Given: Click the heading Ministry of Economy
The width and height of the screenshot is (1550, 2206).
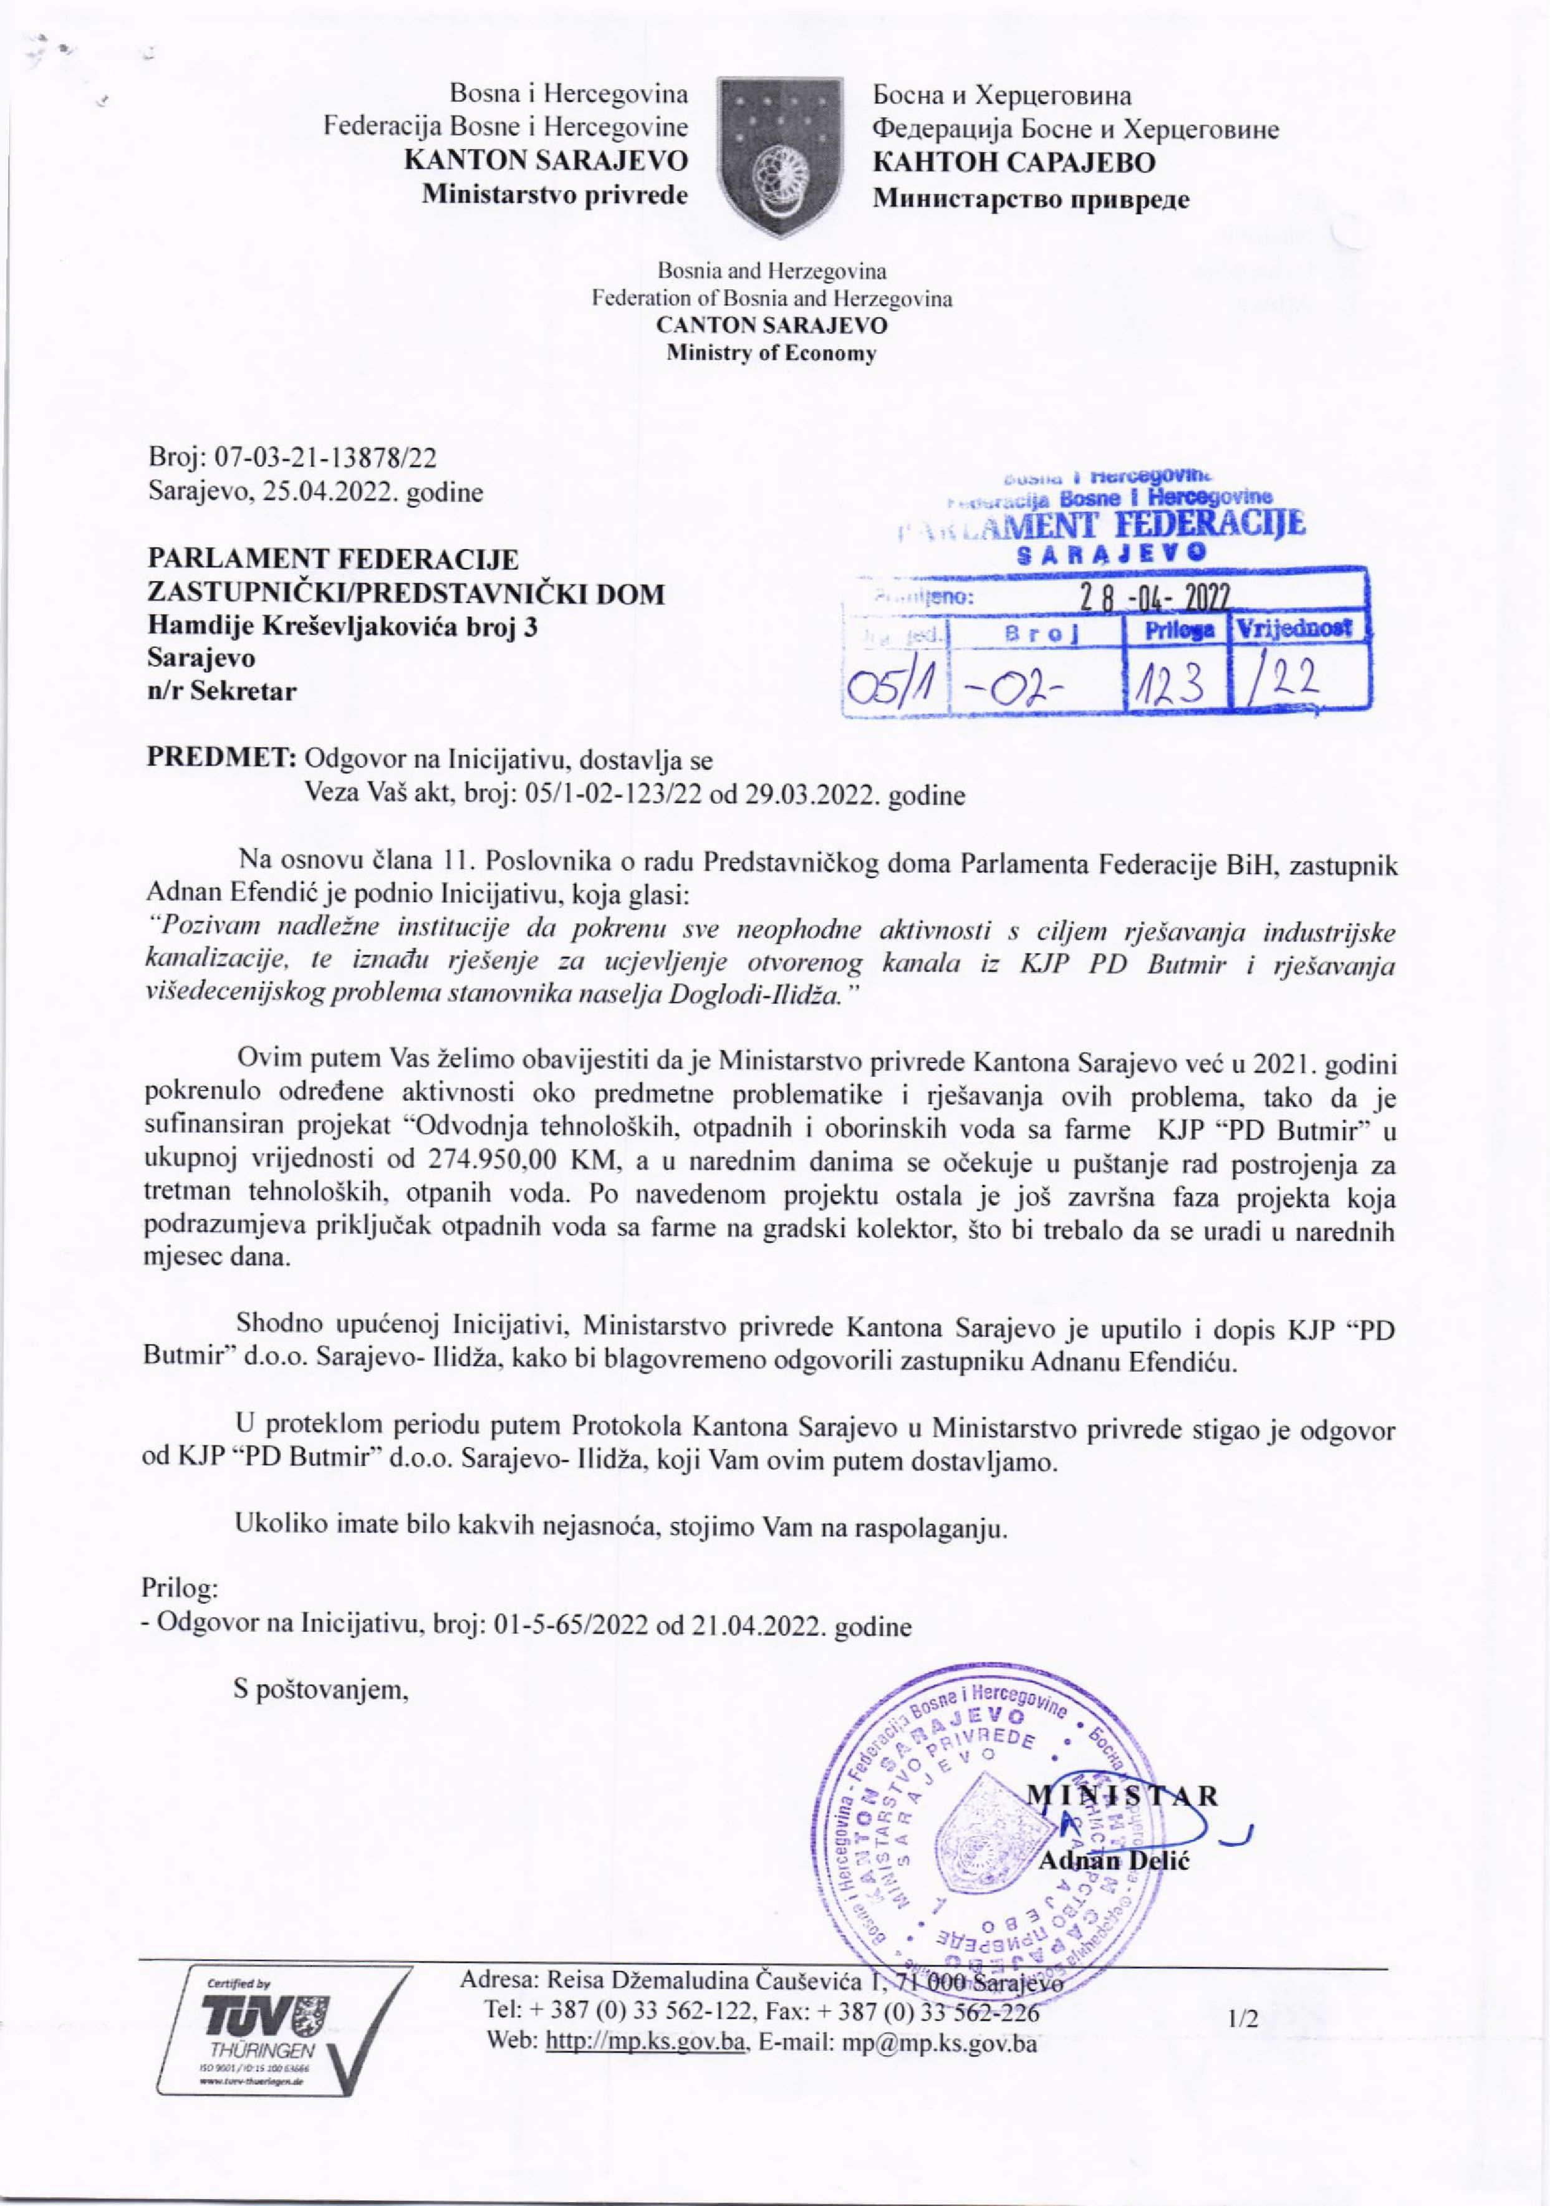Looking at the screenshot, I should click(772, 354).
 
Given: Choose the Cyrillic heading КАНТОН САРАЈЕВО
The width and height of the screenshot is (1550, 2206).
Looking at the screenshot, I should click(1014, 162).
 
